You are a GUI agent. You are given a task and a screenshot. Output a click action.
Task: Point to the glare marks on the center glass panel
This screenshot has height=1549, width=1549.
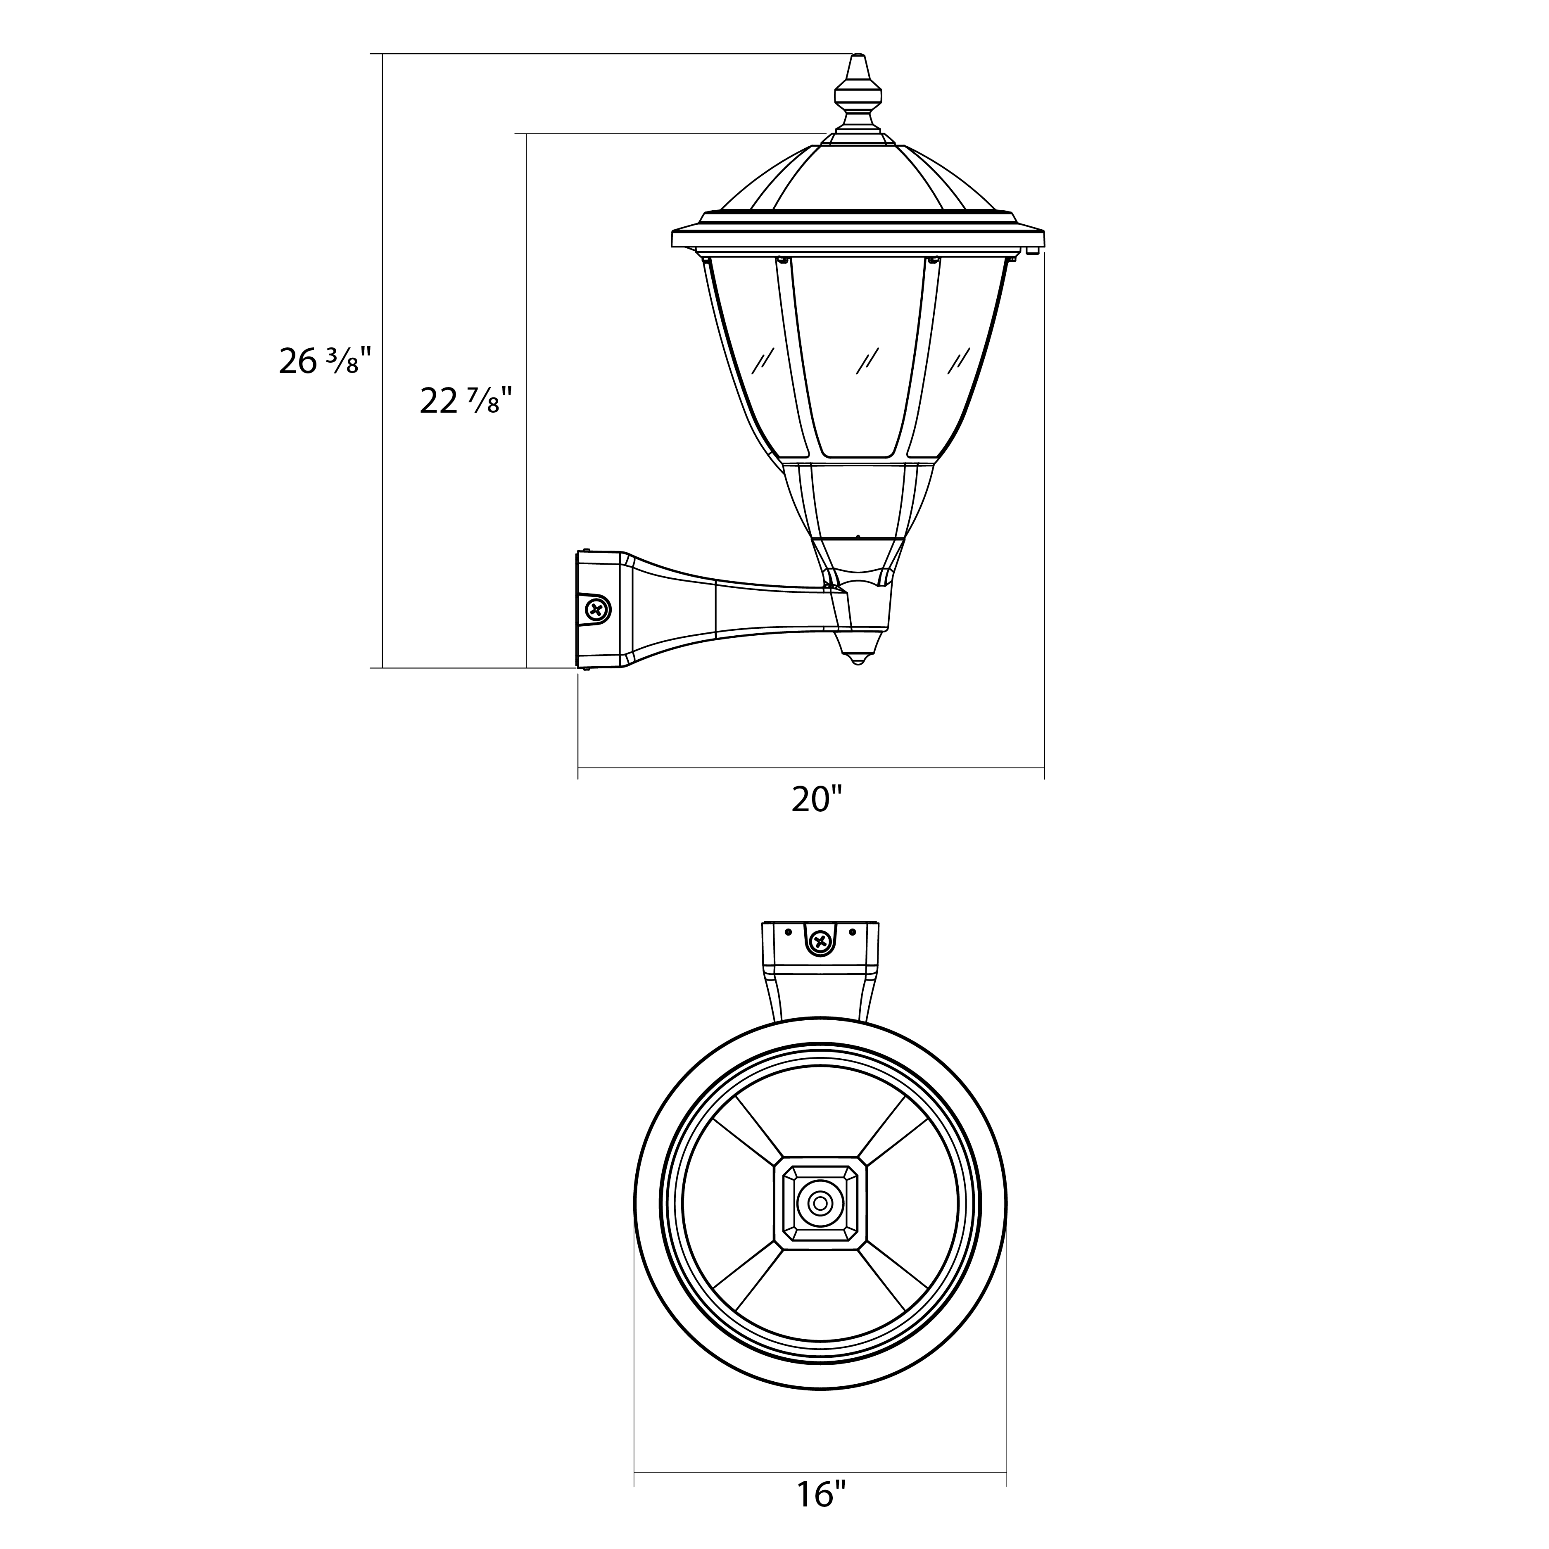(x=867, y=360)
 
